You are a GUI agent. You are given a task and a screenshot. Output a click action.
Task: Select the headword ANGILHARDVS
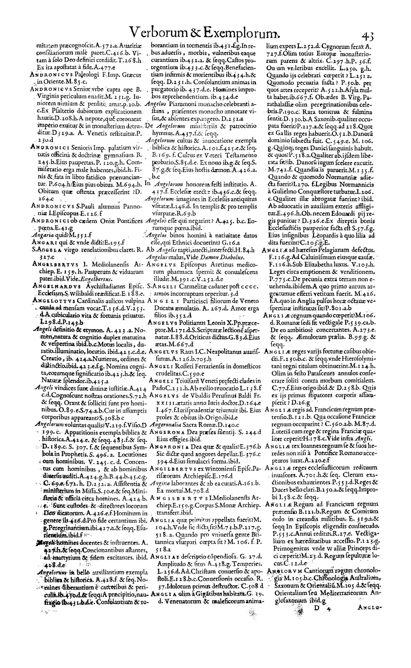click(52, 285)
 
